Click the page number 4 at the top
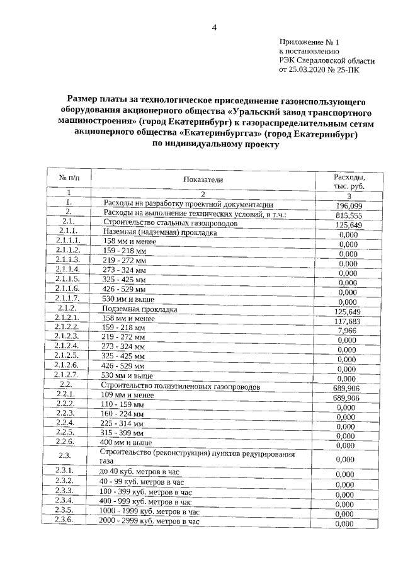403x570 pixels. [214, 28]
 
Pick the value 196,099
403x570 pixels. [349, 206]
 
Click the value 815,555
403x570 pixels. [349, 215]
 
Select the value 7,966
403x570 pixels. [348, 331]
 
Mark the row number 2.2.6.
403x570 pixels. [66, 442]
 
